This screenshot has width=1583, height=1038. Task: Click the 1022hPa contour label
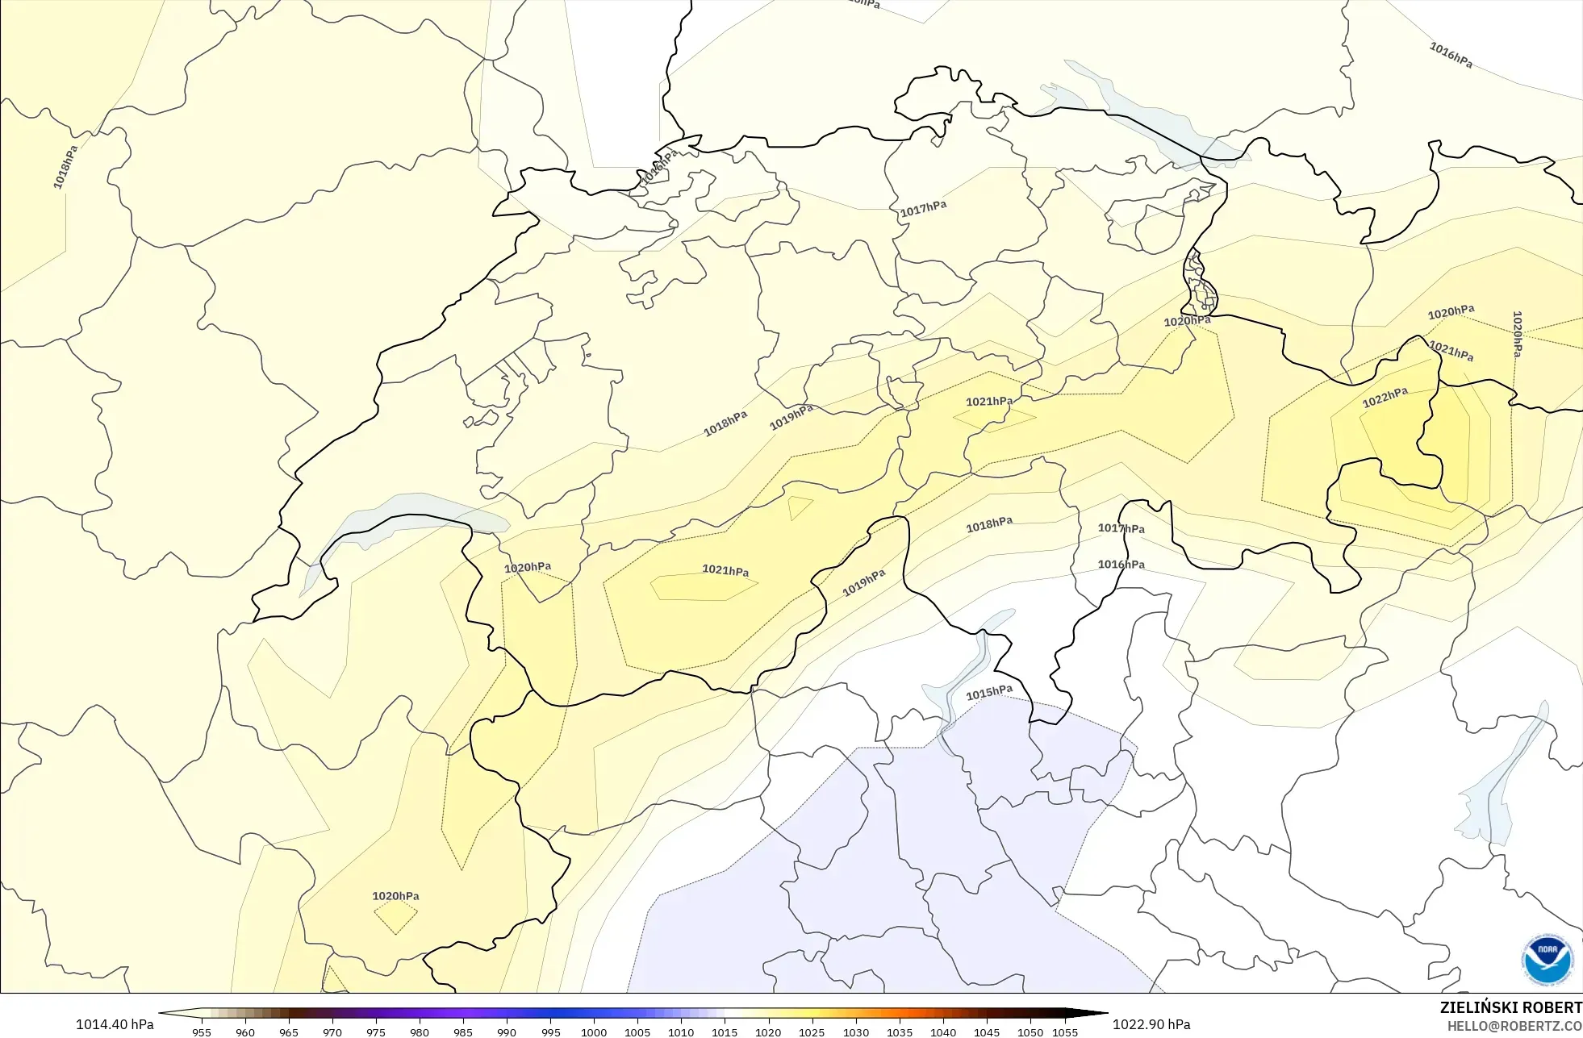1385,398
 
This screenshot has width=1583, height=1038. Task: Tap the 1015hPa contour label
989,693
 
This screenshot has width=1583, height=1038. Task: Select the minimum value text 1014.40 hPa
115,1024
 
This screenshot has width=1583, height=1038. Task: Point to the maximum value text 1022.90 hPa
1151,1024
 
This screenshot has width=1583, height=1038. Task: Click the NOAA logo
1547,959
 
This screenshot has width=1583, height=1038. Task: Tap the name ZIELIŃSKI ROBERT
1510,1008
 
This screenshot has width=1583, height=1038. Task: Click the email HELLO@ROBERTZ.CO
1514,1027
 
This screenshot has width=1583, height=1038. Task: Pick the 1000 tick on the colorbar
594,1032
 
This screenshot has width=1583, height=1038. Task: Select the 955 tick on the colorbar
202,1032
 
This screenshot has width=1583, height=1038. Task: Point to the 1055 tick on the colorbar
1065,1032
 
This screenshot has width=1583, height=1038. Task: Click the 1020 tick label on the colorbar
768,1032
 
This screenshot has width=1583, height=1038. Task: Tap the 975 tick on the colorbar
376,1032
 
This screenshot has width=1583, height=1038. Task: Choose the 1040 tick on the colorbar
942,1032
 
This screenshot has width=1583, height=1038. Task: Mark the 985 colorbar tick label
463,1032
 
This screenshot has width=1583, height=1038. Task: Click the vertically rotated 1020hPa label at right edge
1517,335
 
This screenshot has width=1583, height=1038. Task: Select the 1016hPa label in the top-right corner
1451,56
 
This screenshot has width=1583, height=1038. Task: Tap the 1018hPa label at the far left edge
66,168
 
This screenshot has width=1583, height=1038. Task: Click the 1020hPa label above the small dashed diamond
395,896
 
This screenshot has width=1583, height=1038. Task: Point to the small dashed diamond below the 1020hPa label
395,917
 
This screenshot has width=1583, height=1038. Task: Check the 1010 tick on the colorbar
681,1032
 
